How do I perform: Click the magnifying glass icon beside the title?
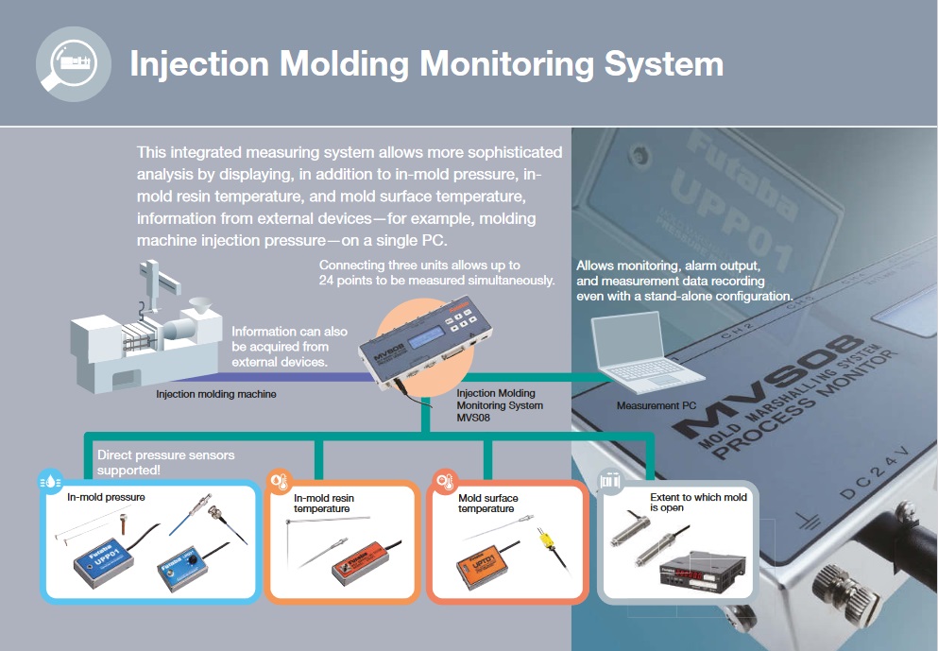point(73,64)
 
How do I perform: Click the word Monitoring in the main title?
point(506,63)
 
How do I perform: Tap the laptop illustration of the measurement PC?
point(646,353)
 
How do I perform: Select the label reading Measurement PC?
point(657,405)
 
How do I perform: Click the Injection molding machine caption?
point(216,394)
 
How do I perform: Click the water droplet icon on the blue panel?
point(50,482)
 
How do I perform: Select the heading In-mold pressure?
point(106,497)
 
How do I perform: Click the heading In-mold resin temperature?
point(323,504)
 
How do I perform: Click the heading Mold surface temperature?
point(487,504)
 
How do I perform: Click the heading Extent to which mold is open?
point(698,502)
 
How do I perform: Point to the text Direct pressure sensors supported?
point(165,463)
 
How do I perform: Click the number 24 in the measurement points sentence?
point(326,281)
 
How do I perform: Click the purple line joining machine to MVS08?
point(269,377)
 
